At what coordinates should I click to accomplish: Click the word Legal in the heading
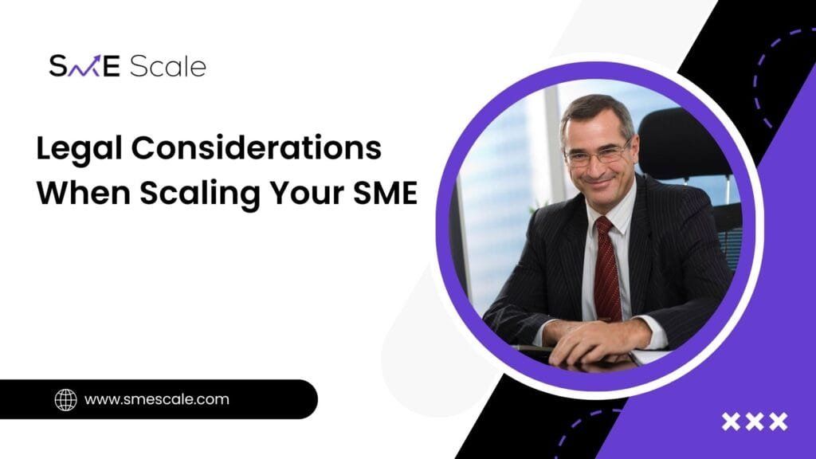tap(79, 149)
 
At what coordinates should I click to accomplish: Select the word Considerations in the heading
tap(257, 147)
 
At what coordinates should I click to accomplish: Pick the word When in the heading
tap(84, 193)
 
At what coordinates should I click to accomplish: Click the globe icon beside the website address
tap(65, 400)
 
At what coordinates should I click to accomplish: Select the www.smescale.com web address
tap(157, 400)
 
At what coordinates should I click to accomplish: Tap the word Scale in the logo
tap(167, 66)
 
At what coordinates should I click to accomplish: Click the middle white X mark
tap(755, 422)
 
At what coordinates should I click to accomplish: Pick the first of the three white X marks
tap(731, 422)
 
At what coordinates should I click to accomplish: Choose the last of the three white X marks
tap(779, 422)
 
